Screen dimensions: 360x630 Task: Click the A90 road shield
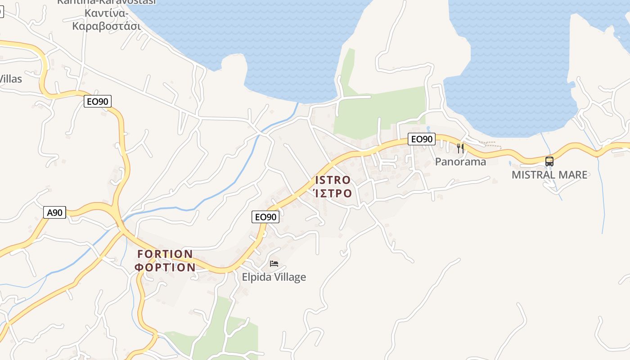click(55, 212)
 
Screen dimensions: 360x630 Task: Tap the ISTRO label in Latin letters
click(333, 180)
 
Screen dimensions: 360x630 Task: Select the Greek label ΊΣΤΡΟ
click(333, 193)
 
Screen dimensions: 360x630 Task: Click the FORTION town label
click(165, 254)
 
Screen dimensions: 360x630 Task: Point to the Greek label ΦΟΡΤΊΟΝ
click(165, 267)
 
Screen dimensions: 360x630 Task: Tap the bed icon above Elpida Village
click(274, 263)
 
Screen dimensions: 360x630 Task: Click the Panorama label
click(460, 162)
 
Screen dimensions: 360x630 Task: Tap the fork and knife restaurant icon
click(460, 148)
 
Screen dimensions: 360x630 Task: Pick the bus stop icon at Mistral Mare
click(549, 162)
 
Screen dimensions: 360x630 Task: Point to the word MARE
click(574, 175)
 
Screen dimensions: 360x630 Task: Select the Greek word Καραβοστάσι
click(107, 26)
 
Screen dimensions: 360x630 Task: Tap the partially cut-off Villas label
click(10, 79)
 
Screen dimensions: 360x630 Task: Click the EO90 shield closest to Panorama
click(422, 139)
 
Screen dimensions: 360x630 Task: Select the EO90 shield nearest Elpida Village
click(265, 217)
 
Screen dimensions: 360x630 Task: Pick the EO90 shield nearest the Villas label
click(97, 102)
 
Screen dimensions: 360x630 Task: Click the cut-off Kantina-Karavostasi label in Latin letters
click(106, 2)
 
